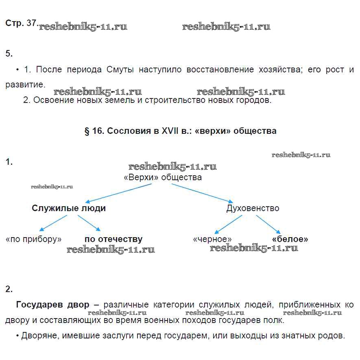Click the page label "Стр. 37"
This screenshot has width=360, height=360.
click(21, 23)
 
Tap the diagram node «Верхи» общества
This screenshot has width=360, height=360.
click(163, 177)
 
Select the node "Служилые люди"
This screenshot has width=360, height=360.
click(69, 208)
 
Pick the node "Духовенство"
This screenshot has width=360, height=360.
click(253, 208)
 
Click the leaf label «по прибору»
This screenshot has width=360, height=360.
click(34, 239)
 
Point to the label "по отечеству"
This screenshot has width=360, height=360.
click(113, 239)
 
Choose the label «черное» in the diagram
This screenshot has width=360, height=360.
click(212, 239)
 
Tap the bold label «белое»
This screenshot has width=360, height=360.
click(290, 239)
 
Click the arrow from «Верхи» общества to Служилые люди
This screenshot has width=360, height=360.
click(119, 192)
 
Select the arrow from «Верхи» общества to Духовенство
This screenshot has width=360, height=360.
click(202, 192)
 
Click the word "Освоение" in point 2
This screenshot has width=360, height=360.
click(52, 100)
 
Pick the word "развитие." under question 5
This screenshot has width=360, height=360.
click(25, 85)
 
